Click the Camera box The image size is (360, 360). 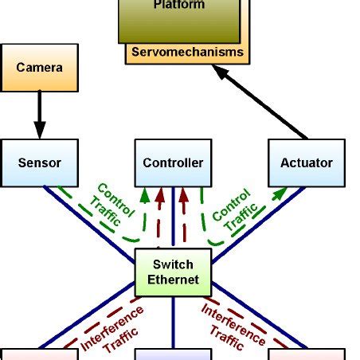pos(39,68)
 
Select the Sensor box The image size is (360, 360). pos(39,162)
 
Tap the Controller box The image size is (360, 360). pos(173,162)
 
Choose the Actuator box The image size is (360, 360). pos(307,162)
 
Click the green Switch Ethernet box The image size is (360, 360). pos(173,272)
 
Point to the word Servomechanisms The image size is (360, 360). pos(187,53)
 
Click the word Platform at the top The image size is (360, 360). pos(178,6)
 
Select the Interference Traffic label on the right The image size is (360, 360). pos(232,327)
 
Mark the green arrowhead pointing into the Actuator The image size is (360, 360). pos(280,192)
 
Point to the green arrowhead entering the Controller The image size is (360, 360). pos(146,194)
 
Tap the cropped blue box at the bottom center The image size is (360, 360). pos(173,354)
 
